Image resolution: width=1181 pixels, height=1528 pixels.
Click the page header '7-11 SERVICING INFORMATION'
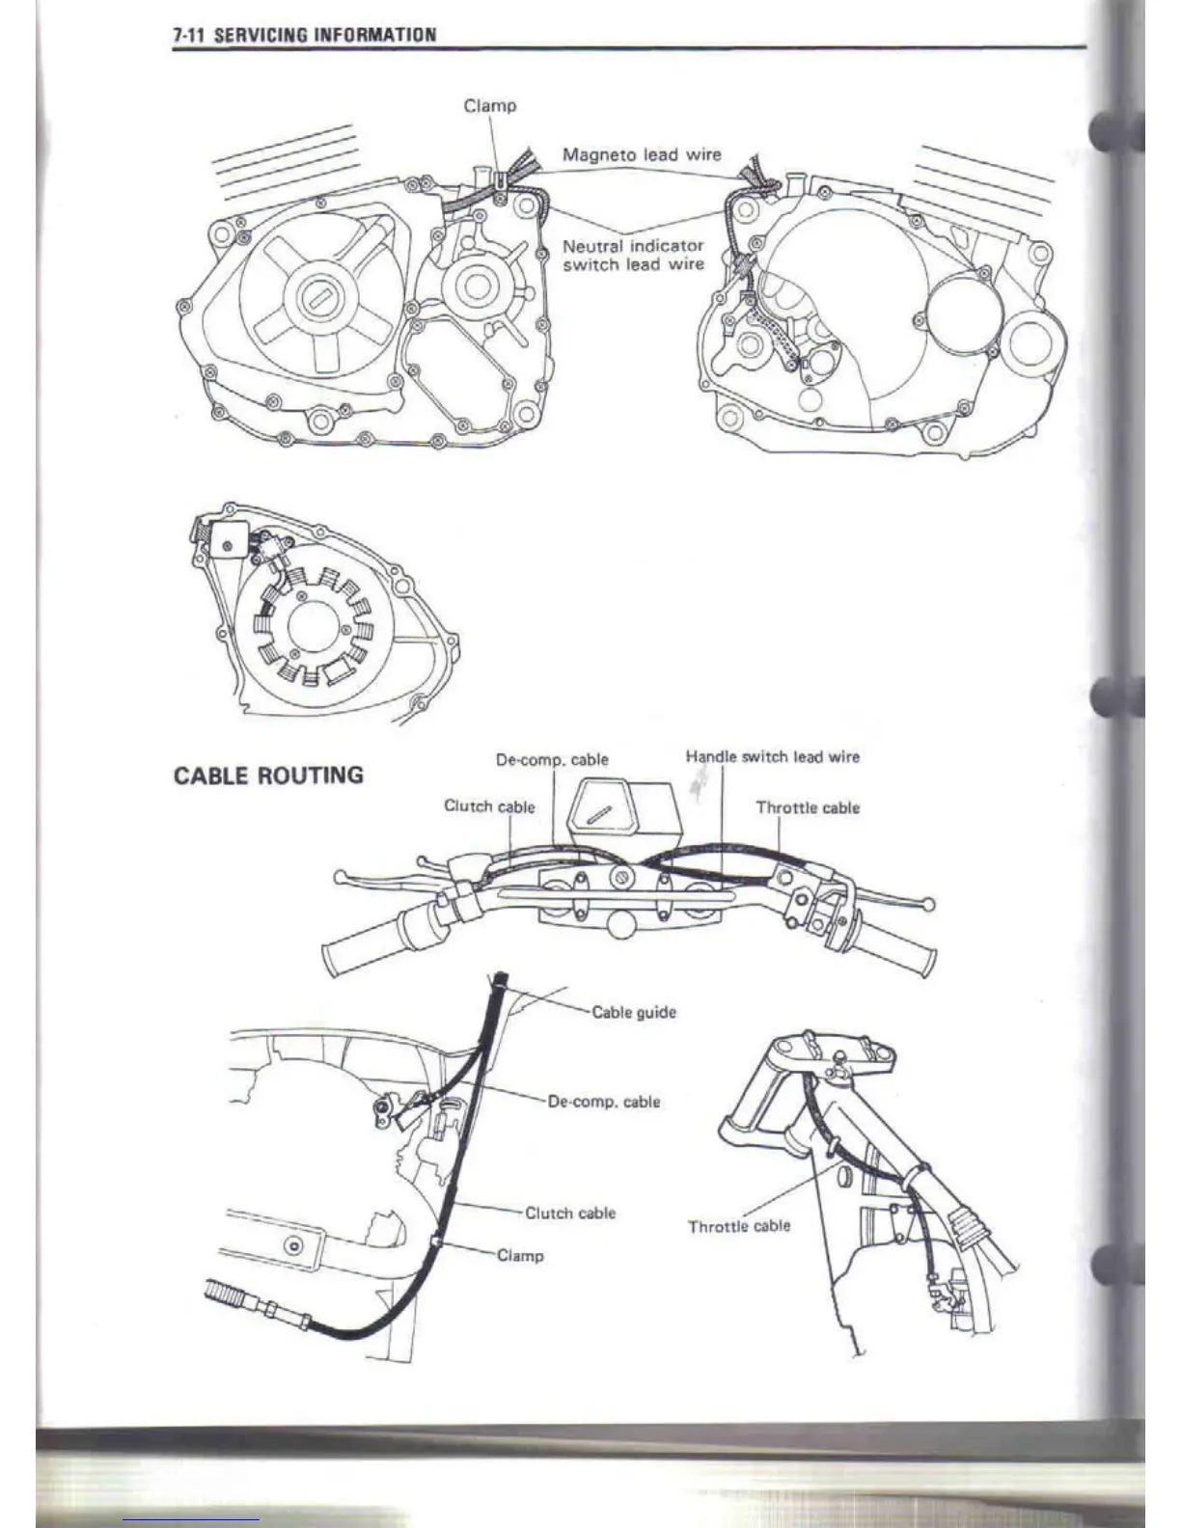[305, 36]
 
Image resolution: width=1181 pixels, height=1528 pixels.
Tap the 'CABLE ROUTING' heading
[268, 776]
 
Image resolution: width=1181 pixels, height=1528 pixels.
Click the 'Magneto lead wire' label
[642, 154]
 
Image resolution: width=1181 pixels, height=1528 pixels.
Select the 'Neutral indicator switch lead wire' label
[633, 255]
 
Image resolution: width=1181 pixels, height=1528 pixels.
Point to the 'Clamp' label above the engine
[490, 105]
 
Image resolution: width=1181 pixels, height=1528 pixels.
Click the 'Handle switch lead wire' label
[772, 757]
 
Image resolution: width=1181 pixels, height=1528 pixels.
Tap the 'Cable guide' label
[634, 1012]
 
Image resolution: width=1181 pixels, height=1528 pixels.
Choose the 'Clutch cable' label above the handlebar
[488, 806]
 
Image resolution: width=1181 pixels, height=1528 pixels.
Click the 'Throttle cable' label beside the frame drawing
[739, 1226]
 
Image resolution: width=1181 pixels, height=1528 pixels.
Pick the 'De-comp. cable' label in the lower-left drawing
[604, 1102]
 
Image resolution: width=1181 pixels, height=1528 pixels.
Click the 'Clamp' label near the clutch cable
[520, 1256]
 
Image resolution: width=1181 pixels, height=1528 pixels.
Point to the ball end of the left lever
[340, 878]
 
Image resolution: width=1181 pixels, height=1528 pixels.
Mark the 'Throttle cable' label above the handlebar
[808, 808]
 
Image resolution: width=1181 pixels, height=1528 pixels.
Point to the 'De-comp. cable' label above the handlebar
[552, 760]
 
